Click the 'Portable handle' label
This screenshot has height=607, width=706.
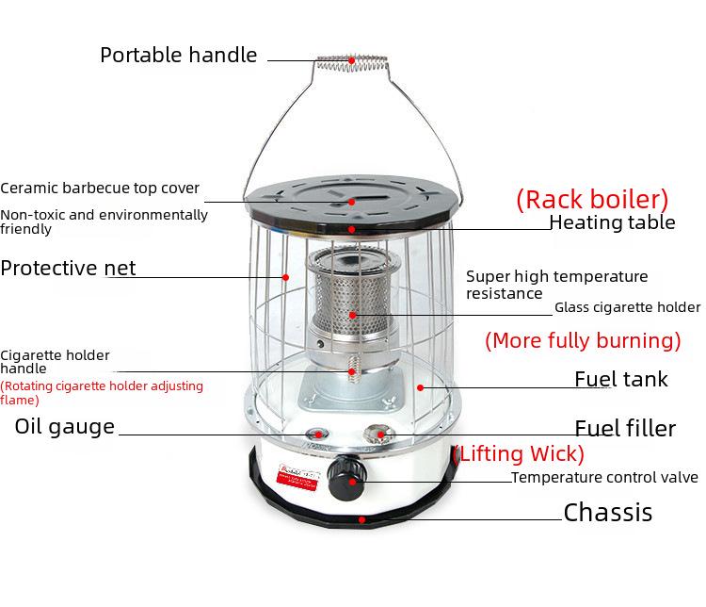[178, 55]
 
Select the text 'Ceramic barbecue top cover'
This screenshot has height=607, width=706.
[100, 189]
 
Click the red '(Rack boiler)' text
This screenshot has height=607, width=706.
[592, 200]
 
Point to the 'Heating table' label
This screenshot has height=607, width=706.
[612, 223]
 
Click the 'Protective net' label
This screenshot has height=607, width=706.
[68, 269]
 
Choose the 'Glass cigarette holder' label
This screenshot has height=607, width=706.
[627, 307]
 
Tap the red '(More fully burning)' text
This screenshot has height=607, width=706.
[583, 340]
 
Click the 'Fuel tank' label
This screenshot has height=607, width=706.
[621, 380]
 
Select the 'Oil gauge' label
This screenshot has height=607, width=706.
[65, 427]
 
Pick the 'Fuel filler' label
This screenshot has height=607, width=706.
[625, 430]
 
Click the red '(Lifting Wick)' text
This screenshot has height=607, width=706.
[519, 453]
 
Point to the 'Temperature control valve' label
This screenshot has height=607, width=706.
[604, 478]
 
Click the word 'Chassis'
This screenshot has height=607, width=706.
[607, 513]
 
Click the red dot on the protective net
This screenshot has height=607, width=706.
[286, 277]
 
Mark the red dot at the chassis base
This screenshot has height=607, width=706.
[361, 518]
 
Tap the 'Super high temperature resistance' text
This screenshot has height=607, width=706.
[557, 285]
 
